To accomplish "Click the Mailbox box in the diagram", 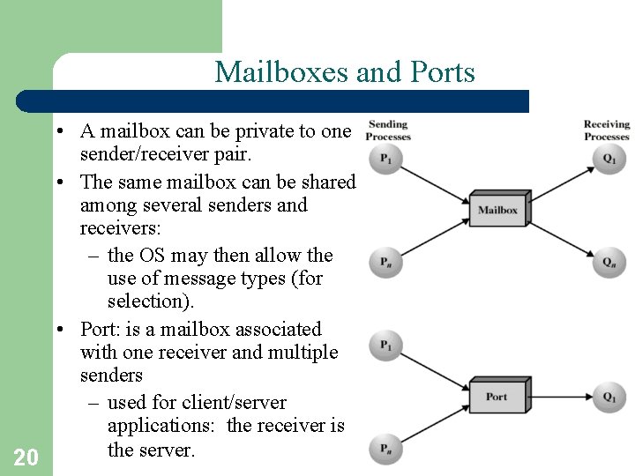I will [x=497, y=210].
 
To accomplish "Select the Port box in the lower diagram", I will [x=497, y=397].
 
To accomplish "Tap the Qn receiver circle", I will [x=609, y=262].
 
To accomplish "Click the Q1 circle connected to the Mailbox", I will [x=609, y=159].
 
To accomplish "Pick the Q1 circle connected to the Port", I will [x=609, y=397].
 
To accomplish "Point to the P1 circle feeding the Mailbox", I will [x=386, y=159].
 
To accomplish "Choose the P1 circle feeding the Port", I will [x=386, y=346].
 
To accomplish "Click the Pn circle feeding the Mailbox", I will [x=386, y=262].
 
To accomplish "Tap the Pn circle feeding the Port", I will [x=386, y=448].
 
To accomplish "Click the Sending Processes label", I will [x=388, y=130].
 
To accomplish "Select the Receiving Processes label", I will [x=607, y=130].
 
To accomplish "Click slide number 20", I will [x=26, y=457].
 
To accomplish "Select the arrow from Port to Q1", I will [x=561, y=397].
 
